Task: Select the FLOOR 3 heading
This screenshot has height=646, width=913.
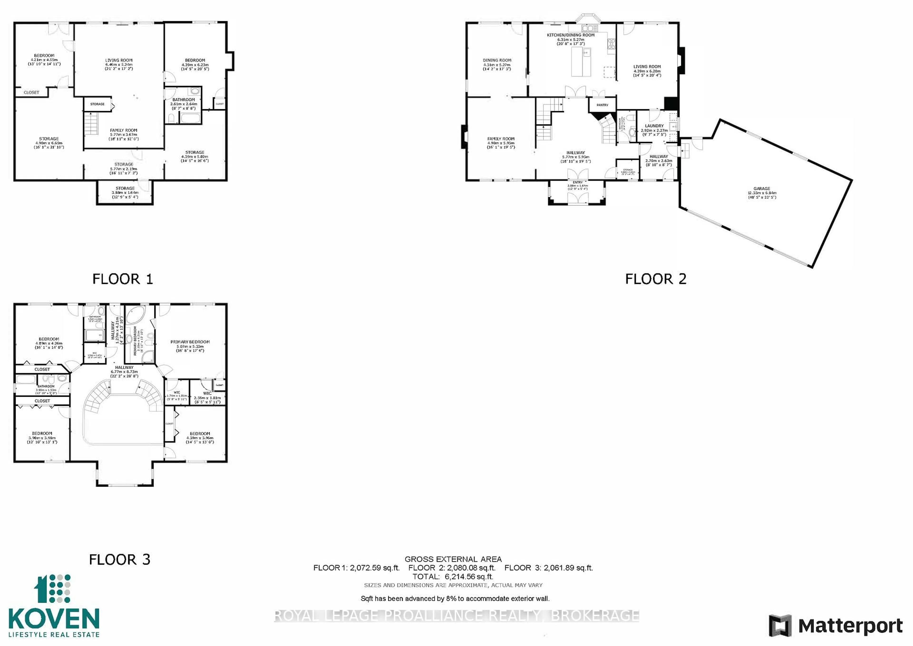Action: pyautogui.click(x=119, y=560)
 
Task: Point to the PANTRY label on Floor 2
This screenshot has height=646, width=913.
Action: pyautogui.click(x=602, y=105)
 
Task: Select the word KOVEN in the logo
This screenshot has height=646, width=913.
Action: pyautogui.click(x=54, y=619)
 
